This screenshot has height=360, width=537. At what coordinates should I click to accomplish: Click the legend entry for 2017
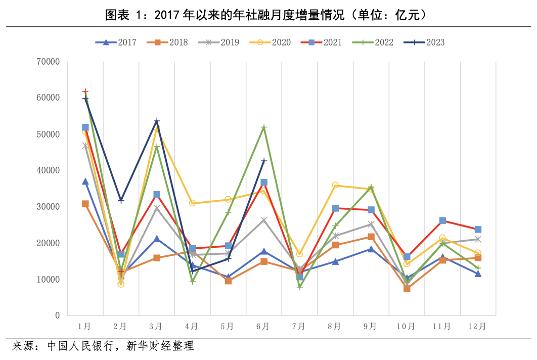(116, 42)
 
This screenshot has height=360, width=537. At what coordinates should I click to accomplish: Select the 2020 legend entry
(270, 42)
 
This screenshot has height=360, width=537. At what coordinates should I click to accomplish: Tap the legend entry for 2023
(424, 42)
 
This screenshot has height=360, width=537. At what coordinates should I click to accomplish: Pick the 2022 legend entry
(373, 42)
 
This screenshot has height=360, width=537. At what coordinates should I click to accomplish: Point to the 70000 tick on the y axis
(49, 62)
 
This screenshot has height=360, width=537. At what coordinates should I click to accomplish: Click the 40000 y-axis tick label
(49, 171)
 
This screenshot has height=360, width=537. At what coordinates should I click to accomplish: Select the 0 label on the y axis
(57, 316)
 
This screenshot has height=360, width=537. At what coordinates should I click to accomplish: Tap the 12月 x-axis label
(477, 327)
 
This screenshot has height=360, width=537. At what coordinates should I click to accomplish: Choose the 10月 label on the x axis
(407, 327)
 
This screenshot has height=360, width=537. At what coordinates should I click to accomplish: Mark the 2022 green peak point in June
(264, 127)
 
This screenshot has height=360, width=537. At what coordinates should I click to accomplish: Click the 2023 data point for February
(121, 201)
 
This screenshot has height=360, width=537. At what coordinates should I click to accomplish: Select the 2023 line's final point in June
(264, 161)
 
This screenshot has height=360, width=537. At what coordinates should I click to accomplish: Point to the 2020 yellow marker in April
(192, 203)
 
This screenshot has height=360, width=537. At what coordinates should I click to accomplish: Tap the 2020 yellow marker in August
(335, 185)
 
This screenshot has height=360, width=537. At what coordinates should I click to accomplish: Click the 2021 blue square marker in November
(442, 220)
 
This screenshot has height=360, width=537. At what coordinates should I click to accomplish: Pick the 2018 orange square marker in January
(85, 204)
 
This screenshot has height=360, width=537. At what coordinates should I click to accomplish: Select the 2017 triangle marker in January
(85, 182)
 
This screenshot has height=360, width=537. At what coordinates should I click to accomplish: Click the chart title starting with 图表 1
(268, 15)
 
